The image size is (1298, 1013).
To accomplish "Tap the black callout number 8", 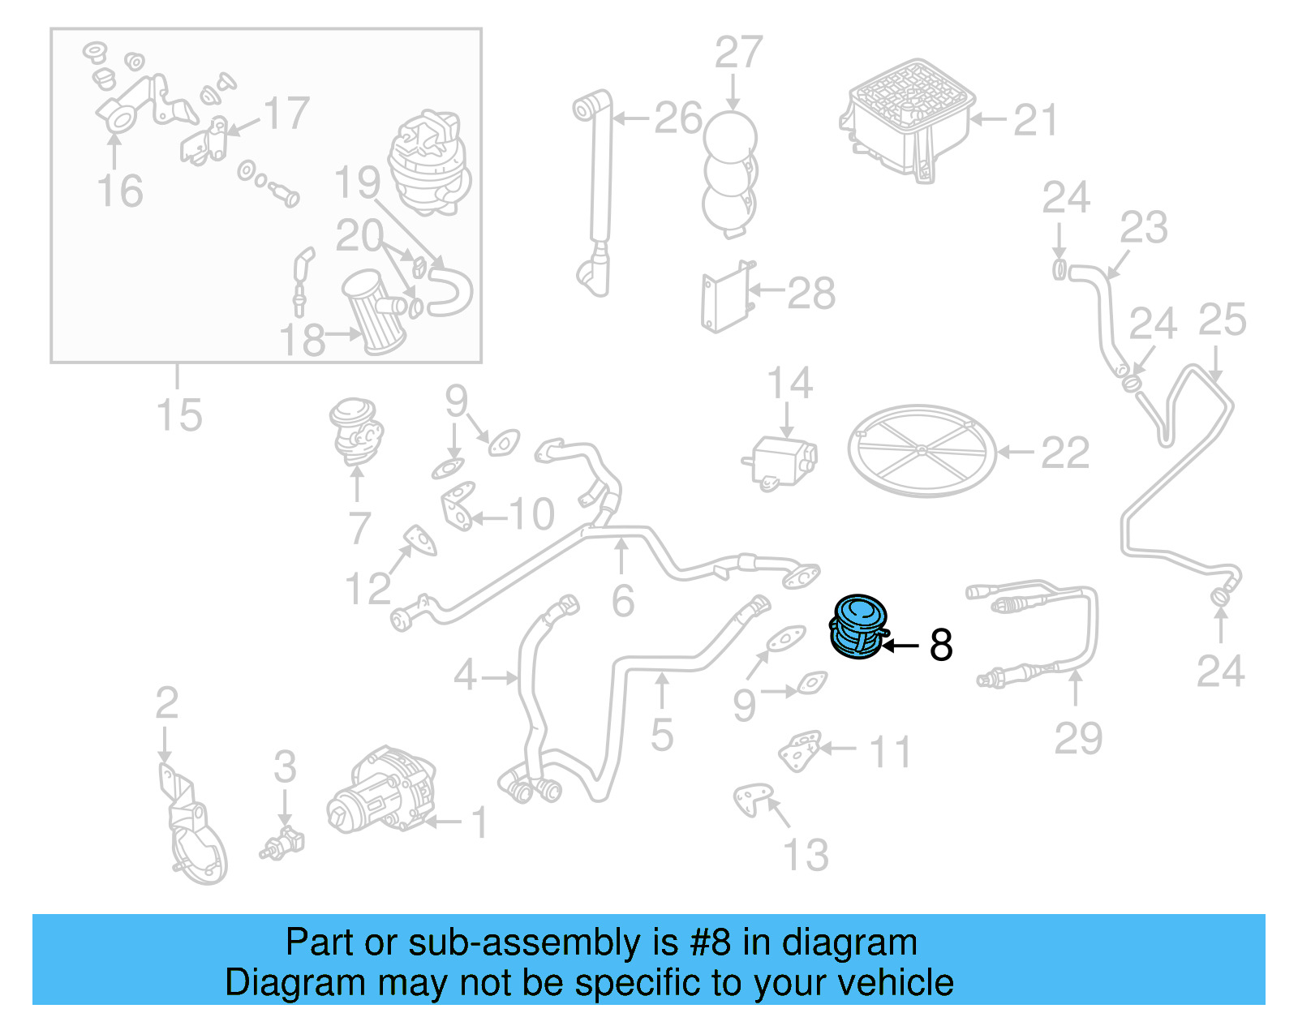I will point(941,646).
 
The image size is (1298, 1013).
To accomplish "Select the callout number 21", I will point(1036,120).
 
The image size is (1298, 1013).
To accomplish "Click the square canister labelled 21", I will point(907,118).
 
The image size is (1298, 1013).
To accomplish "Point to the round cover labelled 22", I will point(922,451).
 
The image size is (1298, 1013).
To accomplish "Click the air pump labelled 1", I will point(380,791).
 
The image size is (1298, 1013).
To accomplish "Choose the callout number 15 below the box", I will point(178,414).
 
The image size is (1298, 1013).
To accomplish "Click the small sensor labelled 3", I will point(282,842).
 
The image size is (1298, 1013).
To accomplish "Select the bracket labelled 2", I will point(191,827).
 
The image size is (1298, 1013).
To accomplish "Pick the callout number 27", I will point(737,53).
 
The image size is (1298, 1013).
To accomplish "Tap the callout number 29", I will point(1077,738).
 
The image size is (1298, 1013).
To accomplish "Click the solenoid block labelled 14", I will point(782,462).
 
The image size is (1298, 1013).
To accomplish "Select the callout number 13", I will point(805,855).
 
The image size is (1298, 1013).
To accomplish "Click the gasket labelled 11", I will point(800,751).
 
